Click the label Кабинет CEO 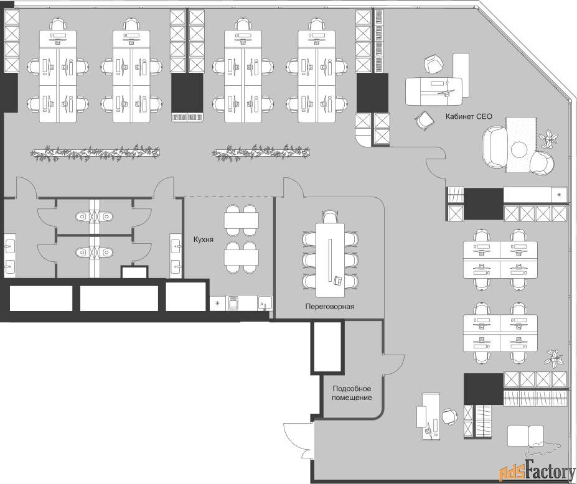pyautogui.click(x=469, y=116)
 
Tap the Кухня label pyautogui.click(x=204, y=240)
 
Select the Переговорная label pyautogui.click(x=330, y=306)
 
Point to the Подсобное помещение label pyautogui.click(x=352, y=393)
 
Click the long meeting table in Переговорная pyautogui.click(x=330, y=260)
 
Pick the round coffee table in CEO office pyautogui.click(x=519, y=149)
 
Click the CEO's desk pyautogui.click(x=434, y=91)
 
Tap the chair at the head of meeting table pyautogui.click(x=330, y=216)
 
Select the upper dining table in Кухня pyautogui.click(x=242, y=220)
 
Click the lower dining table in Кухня pyautogui.click(x=242, y=257)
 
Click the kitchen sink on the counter pyautogui.click(x=265, y=303)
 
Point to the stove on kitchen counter pyautogui.click(x=233, y=304)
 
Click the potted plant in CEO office pyautogui.click(x=549, y=138)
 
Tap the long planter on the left pyautogui.click(x=95, y=152)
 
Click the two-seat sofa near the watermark pyautogui.click(x=525, y=436)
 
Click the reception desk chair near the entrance pyautogui.click(x=449, y=417)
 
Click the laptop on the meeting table pyautogui.click(x=337, y=281)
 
